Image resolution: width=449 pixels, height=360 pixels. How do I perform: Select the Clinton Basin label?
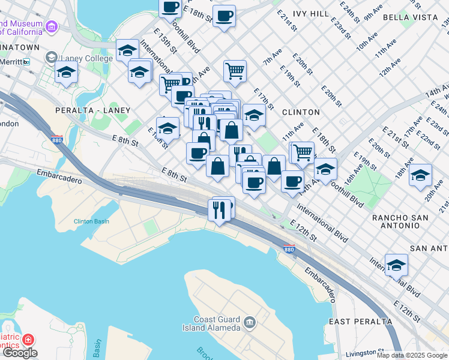[91, 221]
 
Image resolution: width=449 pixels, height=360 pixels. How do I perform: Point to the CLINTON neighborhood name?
[301, 112]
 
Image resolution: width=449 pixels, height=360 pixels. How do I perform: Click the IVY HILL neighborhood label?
[311, 13]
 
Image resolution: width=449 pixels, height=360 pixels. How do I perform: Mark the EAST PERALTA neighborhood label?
[361, 321]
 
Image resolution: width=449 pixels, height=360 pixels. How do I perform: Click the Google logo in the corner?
[20, 353]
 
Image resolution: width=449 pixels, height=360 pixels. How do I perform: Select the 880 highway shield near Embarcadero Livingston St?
[289, 249]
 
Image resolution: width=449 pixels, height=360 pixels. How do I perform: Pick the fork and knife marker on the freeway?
[218, 210]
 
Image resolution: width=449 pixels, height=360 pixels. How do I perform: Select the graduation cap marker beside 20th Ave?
[420, 175]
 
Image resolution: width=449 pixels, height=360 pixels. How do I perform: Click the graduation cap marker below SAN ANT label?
[396, 265]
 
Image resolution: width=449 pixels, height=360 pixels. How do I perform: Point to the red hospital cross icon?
[27, 340]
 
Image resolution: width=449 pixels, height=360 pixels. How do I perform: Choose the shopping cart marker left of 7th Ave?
[235, 71]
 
